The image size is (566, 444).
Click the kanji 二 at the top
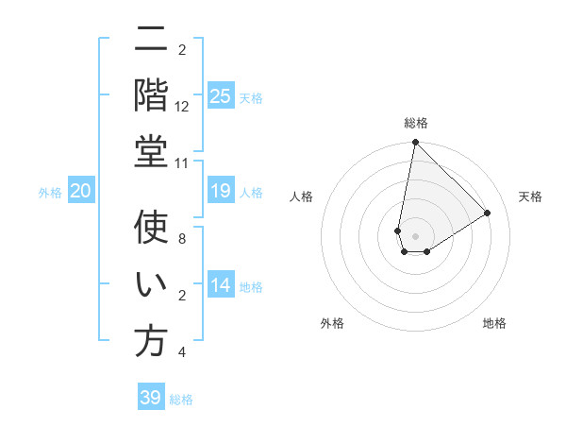pyautogui.click(x=151, y=40)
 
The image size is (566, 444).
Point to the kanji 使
pyautogui.click(x=151, y=229)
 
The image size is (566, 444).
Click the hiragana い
pyautogui.click(x=151, y=285)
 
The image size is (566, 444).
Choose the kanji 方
pyautogui.click(x=151, y=342)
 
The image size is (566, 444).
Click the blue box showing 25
pyautogui.click(x=220, y=95)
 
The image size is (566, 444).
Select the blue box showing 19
pyautogui.click(x=220, y=192)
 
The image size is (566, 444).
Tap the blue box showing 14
pyautogui.click(x=220, y=286)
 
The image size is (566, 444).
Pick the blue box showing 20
pyautogui.click(x=81, y=192)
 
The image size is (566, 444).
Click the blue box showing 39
pyautogui.click(x=151, y=398)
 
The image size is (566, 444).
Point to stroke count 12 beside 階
pyautogui.click(x=182, y=107)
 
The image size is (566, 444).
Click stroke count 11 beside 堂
pyautogui.click(x=182, y=163)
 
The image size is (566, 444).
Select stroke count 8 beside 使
pyautogui.click(x=182, y=239)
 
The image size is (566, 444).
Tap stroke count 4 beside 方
pyautogui.click(x=182, y=352)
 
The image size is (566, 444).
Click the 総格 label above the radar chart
pyautogui.click(x=416, y=123)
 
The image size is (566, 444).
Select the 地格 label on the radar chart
pyautogui.click(x=494, y=323)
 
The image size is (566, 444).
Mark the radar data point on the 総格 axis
pyautogui.click(x=415, y=143)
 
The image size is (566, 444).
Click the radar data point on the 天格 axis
pyautogui.click(x=487, y=213)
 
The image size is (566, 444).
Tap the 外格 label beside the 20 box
pyautogui.click(x=50, y=193)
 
